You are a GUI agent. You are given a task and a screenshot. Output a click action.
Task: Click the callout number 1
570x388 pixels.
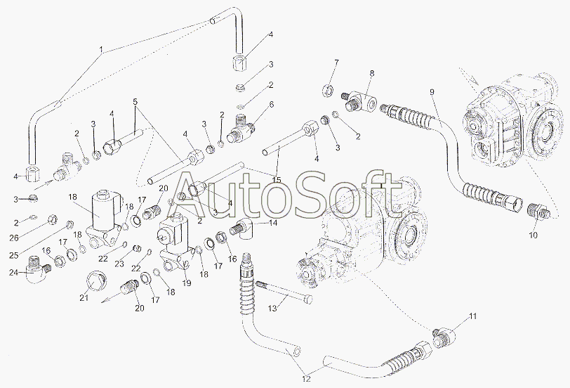click(x=102, y=49)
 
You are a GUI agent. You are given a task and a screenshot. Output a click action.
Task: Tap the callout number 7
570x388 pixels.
click(x=336, y=63)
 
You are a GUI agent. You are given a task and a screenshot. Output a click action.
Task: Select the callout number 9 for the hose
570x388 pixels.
click(x=432, y=92)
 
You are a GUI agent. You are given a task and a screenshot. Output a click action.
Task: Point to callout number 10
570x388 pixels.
click(x=533, y=235)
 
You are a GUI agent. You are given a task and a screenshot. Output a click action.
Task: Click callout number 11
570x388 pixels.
click(x=472, y=316)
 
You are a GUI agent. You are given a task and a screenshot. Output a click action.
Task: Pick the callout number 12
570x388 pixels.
click(x=307, y=379)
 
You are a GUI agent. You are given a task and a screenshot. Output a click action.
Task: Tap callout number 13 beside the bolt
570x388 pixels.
click(x=272, y=309)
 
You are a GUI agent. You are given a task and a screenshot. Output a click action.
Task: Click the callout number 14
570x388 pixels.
click(x=273, y=222)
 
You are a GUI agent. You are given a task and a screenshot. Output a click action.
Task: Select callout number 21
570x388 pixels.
click(x=84, y=298)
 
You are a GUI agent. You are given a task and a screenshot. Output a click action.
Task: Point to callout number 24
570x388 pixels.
click(x=13, y=272)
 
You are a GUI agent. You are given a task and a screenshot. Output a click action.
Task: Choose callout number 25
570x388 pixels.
click(x=13, y=255)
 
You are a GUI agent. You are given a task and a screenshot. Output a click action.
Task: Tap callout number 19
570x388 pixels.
click(x=187, y=283)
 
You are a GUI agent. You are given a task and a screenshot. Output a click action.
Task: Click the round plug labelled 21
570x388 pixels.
click(x=96, y=283)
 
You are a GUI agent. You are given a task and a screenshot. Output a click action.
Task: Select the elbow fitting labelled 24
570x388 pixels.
click(x=37, y=269)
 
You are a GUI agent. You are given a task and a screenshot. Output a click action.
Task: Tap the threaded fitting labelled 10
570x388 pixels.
click(x=538, y=211)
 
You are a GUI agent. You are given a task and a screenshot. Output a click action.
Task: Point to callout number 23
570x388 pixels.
click(x=119, y=264)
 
